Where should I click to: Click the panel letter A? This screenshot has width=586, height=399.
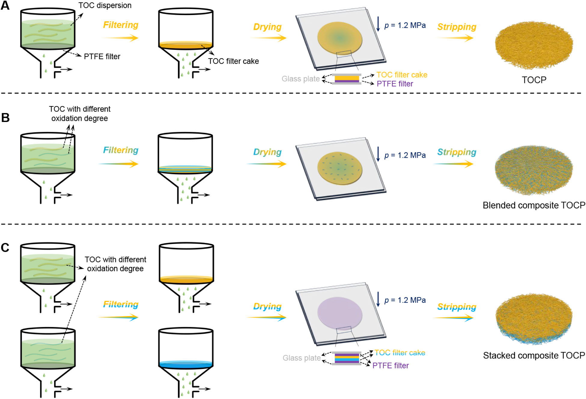[5, 5]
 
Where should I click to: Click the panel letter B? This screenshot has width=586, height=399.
[5, 118]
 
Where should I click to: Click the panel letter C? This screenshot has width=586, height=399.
[5, 248]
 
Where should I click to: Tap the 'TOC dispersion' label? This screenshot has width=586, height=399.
[105, 5]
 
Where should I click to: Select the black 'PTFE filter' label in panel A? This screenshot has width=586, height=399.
[102, 56]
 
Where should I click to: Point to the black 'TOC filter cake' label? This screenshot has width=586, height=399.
[233, 61]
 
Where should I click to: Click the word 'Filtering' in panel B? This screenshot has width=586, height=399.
[121, 150]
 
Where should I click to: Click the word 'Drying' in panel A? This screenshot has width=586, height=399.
[267, 27]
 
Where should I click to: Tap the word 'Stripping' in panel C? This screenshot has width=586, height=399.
[457, 307]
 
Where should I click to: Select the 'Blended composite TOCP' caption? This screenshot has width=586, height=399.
[534, 205]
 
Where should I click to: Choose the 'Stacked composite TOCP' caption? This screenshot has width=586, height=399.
[534, 355]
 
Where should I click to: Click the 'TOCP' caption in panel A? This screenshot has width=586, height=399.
[534, 80]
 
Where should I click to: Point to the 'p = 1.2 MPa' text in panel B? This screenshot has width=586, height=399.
[405, 155]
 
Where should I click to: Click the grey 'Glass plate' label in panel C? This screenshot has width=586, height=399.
[301, 358]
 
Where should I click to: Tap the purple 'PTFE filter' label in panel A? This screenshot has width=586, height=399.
[395, 84]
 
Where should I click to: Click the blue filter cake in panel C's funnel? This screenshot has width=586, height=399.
[186, 364]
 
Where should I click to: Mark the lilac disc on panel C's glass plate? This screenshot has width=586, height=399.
[340, 313]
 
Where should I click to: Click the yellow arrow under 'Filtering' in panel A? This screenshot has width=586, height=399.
[120, 38]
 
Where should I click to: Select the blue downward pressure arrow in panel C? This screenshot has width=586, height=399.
[378, 299]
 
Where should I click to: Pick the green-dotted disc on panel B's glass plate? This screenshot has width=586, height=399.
[340, 168]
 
